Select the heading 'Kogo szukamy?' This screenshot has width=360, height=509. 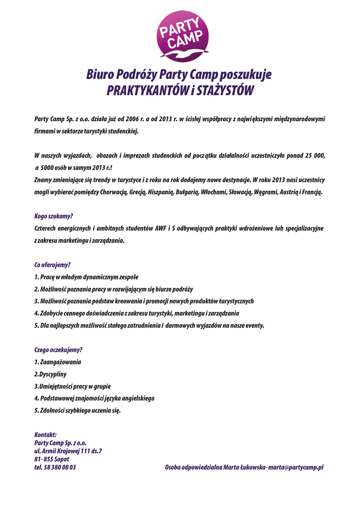54,216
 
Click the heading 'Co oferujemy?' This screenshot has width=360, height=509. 52,265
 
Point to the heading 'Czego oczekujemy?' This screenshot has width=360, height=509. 58,350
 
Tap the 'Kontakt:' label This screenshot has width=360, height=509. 45,434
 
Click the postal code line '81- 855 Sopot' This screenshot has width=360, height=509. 52,459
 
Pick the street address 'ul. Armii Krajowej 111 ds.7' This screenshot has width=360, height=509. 68,451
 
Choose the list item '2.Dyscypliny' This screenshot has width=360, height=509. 51,374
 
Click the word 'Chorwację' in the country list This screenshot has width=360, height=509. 115,192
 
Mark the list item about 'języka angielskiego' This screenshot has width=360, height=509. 94,398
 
